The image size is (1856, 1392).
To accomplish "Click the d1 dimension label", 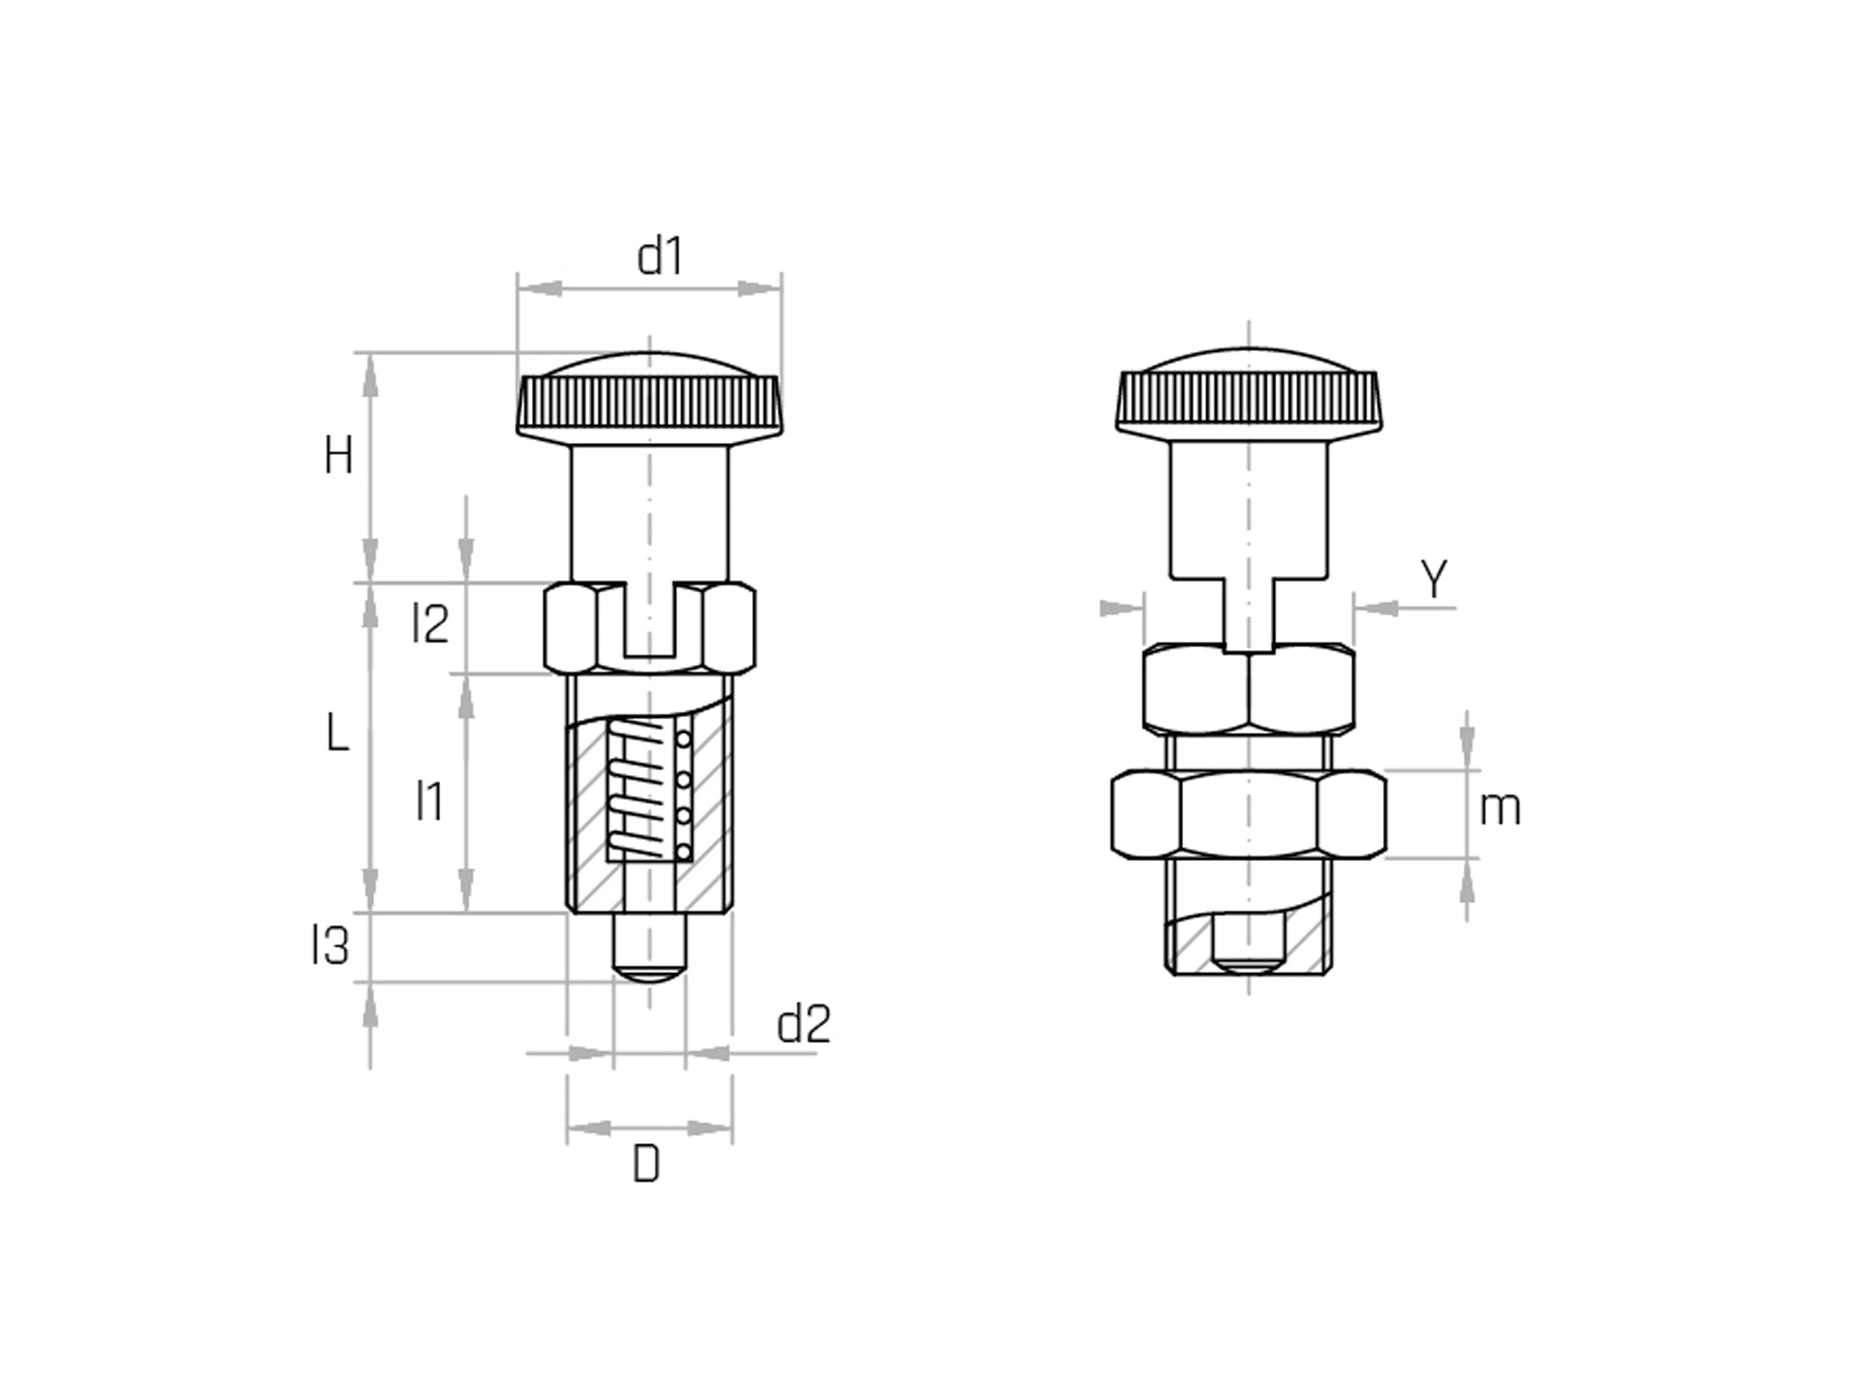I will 660,257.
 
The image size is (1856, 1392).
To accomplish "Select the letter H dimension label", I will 338,456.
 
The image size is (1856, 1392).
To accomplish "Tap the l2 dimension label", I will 430,624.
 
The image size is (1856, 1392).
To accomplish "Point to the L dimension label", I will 338,735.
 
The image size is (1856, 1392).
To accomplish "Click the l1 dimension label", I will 429,800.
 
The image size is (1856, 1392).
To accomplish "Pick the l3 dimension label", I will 331,945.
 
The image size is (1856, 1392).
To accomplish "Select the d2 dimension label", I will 803,1024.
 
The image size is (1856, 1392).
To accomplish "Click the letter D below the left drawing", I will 646,1166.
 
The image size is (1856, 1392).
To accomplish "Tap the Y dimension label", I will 1433,579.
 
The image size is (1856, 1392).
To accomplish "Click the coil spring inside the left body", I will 635,790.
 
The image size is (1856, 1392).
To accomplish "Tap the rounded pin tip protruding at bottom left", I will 649,948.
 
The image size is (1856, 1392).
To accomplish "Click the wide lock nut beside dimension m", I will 1247,815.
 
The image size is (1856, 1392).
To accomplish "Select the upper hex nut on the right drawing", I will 1248,688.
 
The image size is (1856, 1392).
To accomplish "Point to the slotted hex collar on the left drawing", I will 650,628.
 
